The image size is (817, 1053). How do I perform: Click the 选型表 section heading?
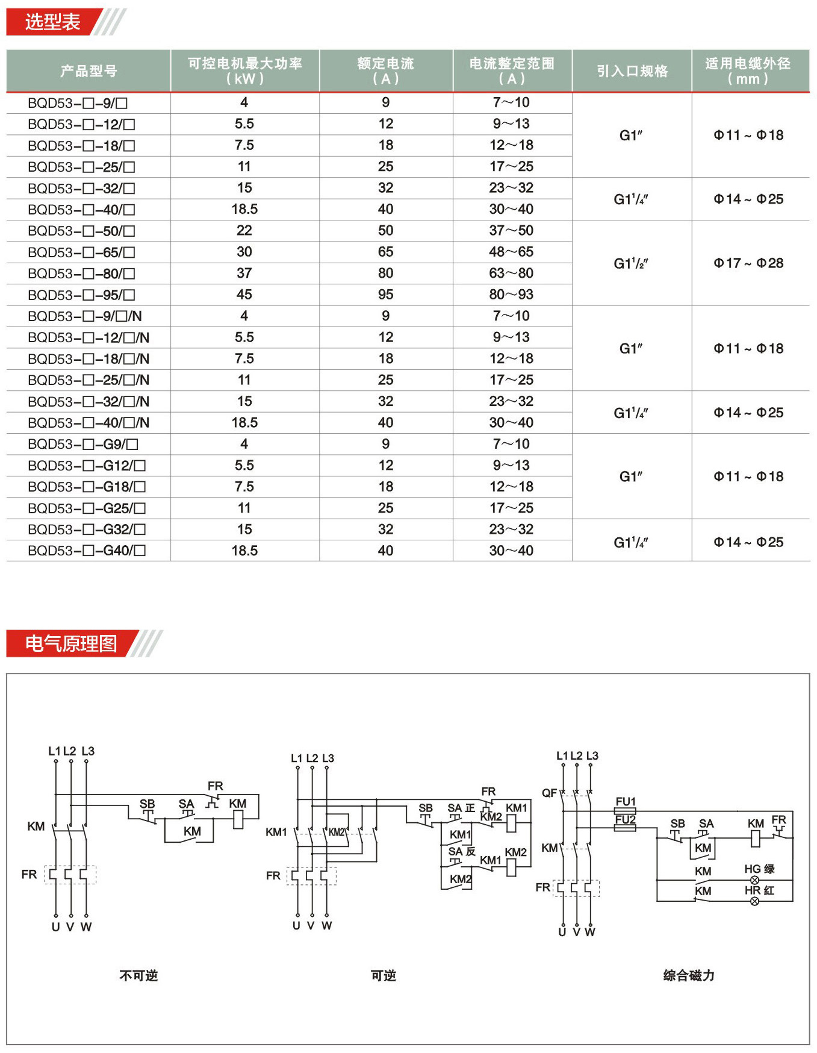coord(53,22)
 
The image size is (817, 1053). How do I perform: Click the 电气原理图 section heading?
coord(71,643)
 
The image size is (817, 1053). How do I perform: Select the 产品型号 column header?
coord(89,71)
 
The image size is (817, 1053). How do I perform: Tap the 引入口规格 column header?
coord(632,71)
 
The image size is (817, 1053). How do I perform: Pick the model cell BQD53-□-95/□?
coord(81,295)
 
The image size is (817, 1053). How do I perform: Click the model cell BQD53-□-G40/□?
coord(87,551)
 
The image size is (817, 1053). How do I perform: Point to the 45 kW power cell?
coord(244,295)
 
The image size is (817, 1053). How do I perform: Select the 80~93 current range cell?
coord(511,295)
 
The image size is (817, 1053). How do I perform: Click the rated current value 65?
coord(386,252)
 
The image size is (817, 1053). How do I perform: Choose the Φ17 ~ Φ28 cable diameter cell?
coord(749,263)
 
